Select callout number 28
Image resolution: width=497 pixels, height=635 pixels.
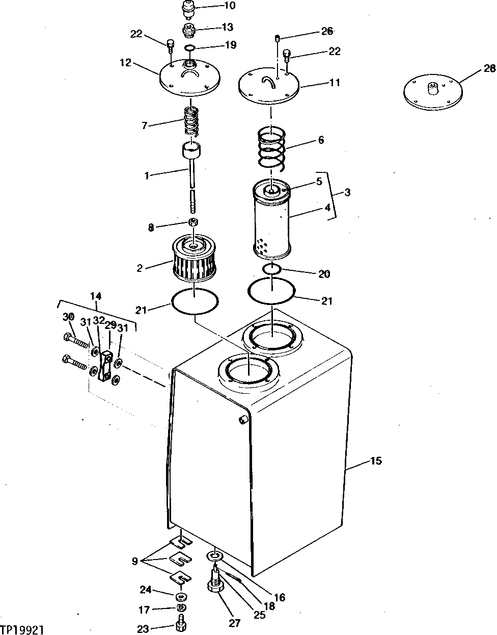(489, 68)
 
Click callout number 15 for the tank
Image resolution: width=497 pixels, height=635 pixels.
(376, 461)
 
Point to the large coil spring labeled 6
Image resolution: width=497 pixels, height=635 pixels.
(272, 147)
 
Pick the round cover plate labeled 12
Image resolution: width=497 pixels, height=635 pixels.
(189, 80)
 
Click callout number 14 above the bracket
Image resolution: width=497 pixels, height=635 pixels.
(96, 295)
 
